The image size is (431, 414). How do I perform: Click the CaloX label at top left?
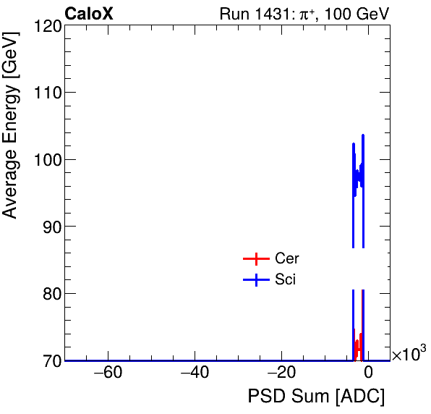(x=89, y=14)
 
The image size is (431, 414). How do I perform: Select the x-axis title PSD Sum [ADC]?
(x=316, y=397)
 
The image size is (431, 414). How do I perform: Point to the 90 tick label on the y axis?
(x=49, y=227)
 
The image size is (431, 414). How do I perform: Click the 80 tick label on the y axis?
(x=49, y=294)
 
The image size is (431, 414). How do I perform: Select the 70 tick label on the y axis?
(x=49, y=360)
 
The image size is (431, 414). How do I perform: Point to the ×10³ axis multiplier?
(x=409, y=354)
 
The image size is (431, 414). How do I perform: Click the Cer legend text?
(x=287, y=259)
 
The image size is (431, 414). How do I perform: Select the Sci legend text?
(x=286, y=280)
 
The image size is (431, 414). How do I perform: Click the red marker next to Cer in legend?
(x=255, y=259)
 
